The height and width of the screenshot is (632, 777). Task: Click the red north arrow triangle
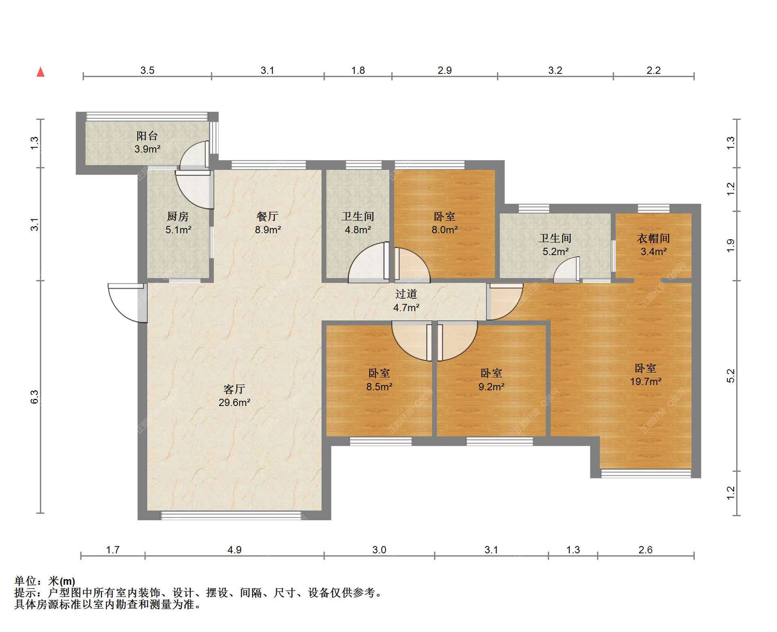coord(40,72)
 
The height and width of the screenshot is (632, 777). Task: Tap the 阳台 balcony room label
coord(147,136)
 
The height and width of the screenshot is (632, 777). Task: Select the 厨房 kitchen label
coord(178,217)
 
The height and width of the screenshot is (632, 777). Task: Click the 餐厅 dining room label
coord(267,217)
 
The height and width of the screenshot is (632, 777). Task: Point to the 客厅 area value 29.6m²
coord(234,402)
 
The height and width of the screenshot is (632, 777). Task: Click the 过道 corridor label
coord(406,294)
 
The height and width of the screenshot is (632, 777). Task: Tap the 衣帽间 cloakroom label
coord(653,238)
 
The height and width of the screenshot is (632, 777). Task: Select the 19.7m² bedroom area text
coord(645,381)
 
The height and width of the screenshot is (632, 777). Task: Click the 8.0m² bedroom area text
coord(444,230)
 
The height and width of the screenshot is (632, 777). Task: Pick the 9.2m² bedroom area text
coord(491,387)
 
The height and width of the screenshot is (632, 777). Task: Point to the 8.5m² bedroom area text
coord(379,387)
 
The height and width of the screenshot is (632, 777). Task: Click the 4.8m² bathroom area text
coord(358,230)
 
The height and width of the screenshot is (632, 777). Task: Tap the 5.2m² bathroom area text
coord(555,252)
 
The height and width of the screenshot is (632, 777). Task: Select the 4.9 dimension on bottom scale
coord(234,550)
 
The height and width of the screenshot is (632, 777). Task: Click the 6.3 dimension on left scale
coord(35,397)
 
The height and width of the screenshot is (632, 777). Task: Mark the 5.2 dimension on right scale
coord(730,376)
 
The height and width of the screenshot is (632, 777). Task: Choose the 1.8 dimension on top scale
coord(358,70)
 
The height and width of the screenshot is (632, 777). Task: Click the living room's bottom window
coord(231,515)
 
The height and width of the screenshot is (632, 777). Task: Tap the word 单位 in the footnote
coord(25,581)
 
